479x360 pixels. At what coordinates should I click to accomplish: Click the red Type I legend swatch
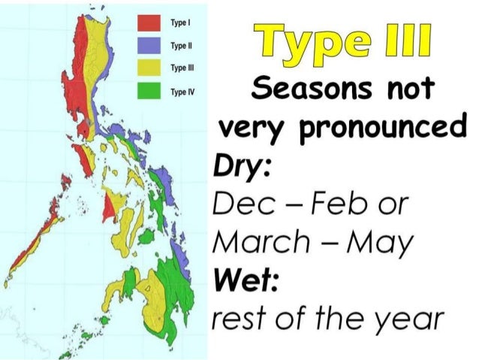click(x=149, y=23)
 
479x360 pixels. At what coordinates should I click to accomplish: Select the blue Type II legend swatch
click(x=149, y=46)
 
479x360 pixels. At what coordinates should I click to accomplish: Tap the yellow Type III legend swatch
click(x=149, y=70)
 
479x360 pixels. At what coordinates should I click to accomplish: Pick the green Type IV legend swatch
click(x=149, y=93)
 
